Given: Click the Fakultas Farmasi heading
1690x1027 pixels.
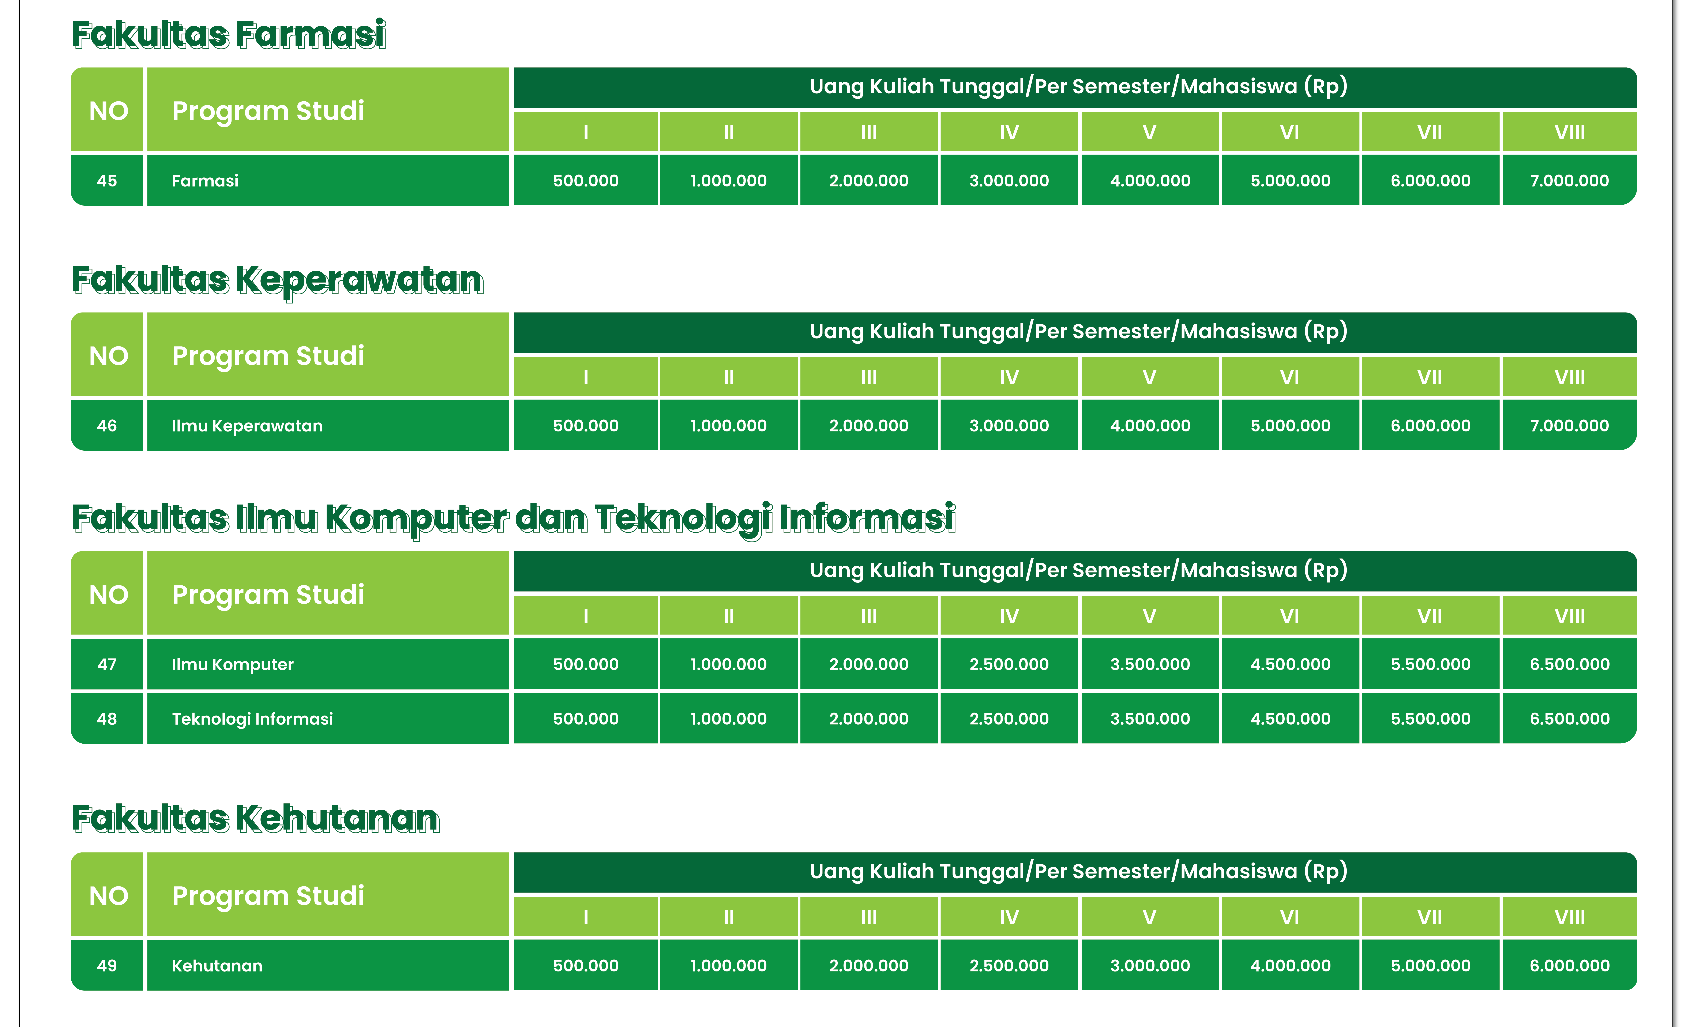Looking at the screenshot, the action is click(229, 35).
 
